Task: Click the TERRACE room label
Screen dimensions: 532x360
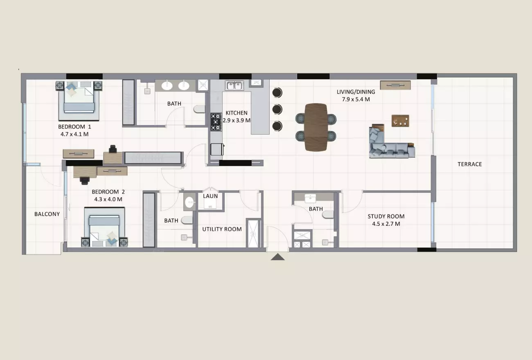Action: click(469, 164)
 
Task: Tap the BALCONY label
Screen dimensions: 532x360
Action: click(47, 214)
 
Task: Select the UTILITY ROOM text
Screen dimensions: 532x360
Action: click(222, 229)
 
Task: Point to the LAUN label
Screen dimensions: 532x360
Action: click(210, 196)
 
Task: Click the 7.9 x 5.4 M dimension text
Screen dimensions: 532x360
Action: click(356, 99)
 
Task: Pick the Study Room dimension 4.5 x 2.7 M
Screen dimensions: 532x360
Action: click(386, 224)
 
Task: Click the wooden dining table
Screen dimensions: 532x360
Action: click(316, 127)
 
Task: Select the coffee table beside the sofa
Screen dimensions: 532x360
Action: click(400, 121)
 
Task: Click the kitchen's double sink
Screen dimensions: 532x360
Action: click(234, 85)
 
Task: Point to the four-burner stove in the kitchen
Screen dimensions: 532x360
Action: click(216, 122)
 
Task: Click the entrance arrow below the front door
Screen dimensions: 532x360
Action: click(277, 257)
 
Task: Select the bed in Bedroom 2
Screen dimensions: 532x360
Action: click(104, 227)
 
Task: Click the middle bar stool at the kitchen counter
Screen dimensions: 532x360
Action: click(277, 110)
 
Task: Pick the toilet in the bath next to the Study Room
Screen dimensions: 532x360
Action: click(328, 215)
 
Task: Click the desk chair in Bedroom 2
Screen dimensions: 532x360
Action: click(84, 180)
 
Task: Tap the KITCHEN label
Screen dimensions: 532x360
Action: click(236, 113)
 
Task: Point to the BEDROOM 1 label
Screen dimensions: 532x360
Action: click(74, 126)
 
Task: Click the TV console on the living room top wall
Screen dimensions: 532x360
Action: click(395, 85)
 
